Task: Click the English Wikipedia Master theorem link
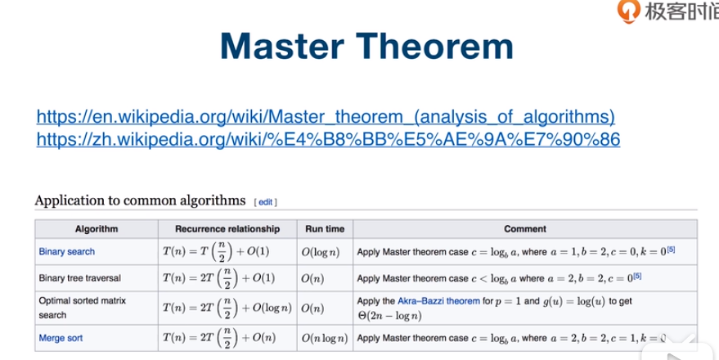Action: pos(326,117)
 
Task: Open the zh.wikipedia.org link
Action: pos(328,139)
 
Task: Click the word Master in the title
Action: pos(282,46)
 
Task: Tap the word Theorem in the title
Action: pos(434,46)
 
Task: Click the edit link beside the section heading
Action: pos(266,202)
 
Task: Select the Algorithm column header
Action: pos(97,229)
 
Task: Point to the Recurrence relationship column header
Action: pos(227,229)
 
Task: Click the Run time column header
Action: pos(325,229)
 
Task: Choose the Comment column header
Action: pos(525,229)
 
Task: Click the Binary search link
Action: pos(67,252)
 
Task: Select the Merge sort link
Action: pos(61,339)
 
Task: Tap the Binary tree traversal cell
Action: pos(80,278)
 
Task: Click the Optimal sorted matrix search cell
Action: pos(83,308)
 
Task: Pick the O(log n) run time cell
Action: pos(321,252)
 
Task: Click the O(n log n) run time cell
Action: pos(325,339)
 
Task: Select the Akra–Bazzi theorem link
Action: pos(438,301)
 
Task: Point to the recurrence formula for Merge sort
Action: pos(219,339)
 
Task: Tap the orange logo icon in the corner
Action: pos(628,10)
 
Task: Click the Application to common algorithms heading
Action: pos(141,201)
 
